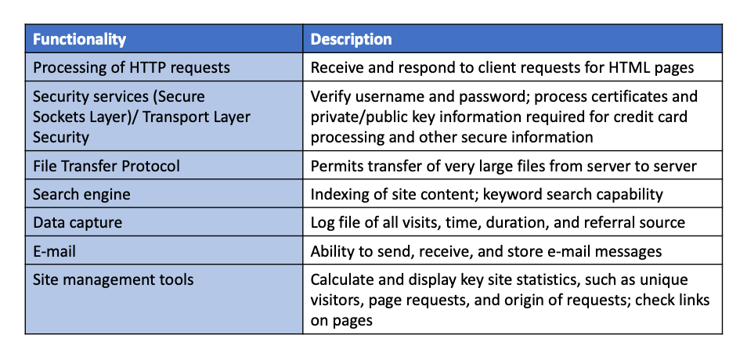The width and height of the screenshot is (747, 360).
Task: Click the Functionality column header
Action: coord(79,39)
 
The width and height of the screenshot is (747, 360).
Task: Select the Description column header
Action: coord(352,39)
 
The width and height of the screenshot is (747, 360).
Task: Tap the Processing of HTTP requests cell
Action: coord(132,67)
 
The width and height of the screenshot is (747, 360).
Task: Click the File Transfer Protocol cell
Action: coord(106,166)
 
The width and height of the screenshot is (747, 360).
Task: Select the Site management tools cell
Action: coord(113,279)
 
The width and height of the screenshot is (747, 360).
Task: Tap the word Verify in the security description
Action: coord(331,97)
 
